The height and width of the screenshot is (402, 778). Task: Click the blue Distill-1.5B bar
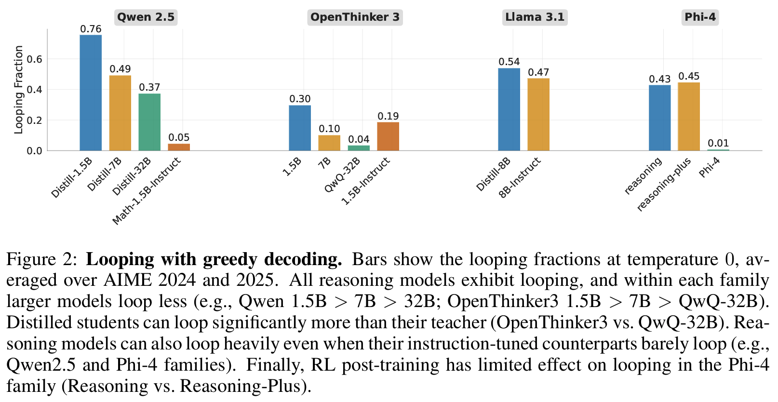click(91, 93)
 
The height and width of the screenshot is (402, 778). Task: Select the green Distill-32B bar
click(149, 122)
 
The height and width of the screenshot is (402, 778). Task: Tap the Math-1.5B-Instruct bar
click(179, 147)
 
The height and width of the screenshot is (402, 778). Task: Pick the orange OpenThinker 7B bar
click(329, 143)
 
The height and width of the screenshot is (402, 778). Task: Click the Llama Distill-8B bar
click(509, 109)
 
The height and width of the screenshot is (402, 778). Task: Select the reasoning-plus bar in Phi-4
click(689, 116)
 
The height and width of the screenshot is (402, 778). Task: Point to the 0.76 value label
click(91, 29)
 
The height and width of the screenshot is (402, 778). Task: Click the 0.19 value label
click(388, 116)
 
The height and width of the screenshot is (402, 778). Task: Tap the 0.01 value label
click(718, 143)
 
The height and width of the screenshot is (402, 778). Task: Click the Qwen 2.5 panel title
click(146, 17)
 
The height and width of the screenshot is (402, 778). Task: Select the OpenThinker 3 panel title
click(355, 17)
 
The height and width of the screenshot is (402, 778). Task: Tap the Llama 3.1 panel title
click(535, 17)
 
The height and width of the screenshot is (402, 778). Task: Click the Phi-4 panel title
click(700, 17)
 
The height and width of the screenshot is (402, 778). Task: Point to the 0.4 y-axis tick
click(35, 90)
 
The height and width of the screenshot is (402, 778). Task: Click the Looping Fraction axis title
click(18, 90)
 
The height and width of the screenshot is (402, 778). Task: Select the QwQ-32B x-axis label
click(343, 175)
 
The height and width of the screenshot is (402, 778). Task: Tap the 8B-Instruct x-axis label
click(520, 177)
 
